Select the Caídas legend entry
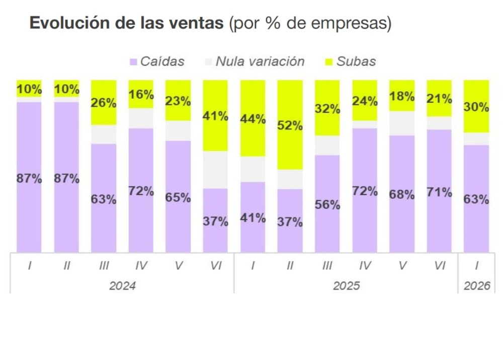162,61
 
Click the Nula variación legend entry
260,61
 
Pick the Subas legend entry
356,61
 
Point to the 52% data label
290,126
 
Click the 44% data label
253,119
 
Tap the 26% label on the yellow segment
104,103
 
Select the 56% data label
327,205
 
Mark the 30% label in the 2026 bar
476,107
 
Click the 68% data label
402,195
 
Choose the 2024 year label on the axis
122,285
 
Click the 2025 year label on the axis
346,285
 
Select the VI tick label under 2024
216,266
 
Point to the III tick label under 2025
327,266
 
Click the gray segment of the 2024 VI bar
216,170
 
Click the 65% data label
178,197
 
